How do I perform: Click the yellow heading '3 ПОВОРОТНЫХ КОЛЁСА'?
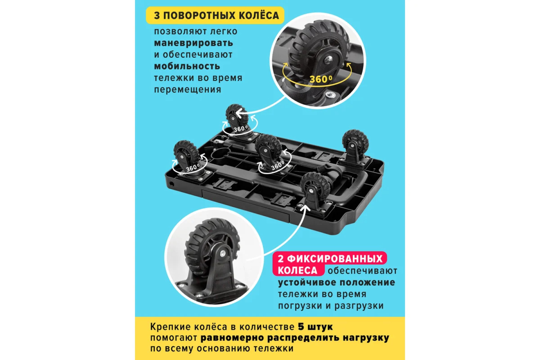[x=216, y=15]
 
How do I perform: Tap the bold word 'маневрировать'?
[x=194, y=43]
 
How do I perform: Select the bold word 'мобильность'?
[x=187, y=66]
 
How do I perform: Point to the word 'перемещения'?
[x=188, y=90]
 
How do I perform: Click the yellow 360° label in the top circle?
[x=321, y=79]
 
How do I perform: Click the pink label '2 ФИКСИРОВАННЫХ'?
[x=330, y=259]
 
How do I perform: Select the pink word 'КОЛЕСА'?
[x=297, y=270]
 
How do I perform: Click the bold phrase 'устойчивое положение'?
[x=337, y=282]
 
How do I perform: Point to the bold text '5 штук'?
[x=315, y=327]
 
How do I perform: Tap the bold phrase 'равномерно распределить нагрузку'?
[x=295, y=338]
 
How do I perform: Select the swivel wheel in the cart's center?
[x=269, y=149]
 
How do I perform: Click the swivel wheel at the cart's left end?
[x=186, y=154]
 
